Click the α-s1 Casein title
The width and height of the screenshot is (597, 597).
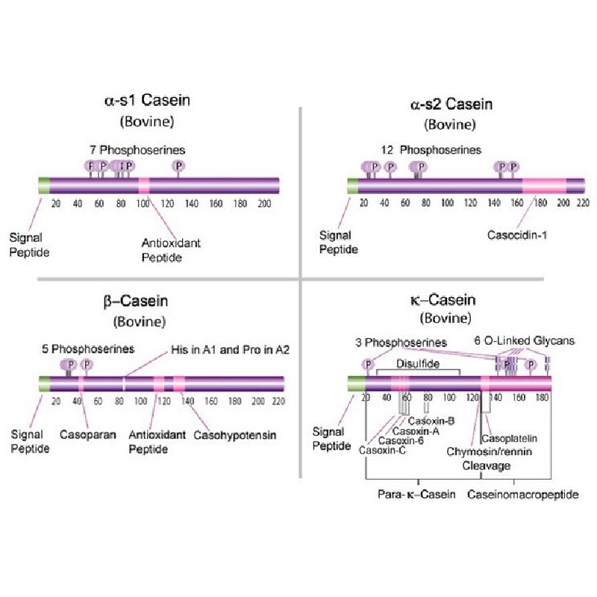click(147, 101)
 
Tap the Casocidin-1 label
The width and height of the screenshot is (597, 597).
click(517, 235)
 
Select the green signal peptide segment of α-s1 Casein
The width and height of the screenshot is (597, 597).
click(44, 185)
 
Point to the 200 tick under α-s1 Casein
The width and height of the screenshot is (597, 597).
click(264, 204)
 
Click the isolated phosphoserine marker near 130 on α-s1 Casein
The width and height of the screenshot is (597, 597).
click(178, 166)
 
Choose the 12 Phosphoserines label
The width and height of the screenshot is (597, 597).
click(431, 150)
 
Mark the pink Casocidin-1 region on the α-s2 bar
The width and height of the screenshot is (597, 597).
click(544, 186)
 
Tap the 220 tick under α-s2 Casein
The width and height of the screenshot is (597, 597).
click(583, 202)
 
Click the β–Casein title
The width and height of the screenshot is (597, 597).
click(136, 301)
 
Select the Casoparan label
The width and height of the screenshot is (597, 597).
click(87, 434)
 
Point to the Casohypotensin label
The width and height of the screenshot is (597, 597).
click(235, 435)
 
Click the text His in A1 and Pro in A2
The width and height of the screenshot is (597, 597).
click(230, 349)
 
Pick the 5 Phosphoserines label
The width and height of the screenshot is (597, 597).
click(88, 348)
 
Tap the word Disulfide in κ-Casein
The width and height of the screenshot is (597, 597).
click(418, 363)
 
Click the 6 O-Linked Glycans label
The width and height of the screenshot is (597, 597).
click(525, 340)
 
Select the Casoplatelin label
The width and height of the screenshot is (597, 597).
click(510, 439)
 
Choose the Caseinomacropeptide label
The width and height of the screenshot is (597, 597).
click(523, 494)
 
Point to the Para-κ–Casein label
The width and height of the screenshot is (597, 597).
click(416, 494)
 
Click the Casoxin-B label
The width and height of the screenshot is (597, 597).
click(431, 421)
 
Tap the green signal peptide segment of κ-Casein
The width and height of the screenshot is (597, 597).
click(357, 384)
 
